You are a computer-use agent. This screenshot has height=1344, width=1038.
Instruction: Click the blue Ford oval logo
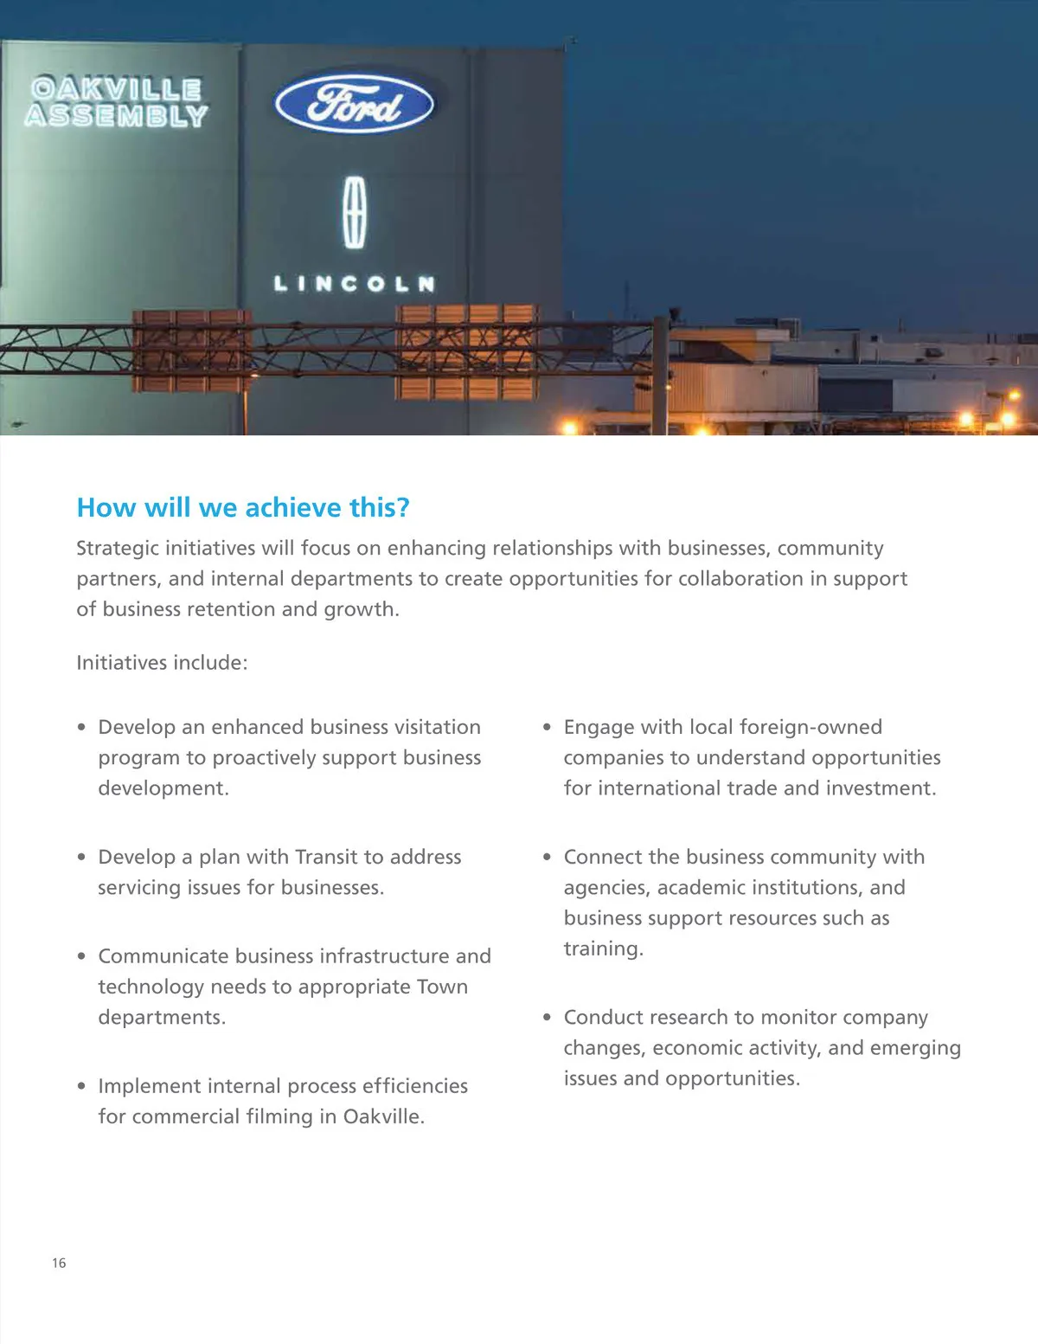point(354,104)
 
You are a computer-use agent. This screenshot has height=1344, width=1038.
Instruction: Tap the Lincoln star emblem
point(355,213)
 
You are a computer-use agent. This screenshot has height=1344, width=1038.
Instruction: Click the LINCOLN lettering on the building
point(355,284)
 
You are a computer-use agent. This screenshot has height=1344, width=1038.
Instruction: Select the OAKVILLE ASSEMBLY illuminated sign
point(117,103)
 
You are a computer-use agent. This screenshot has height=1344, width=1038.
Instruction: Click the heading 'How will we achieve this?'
point(243,507)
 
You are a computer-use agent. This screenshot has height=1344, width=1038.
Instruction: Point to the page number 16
point(59,1263)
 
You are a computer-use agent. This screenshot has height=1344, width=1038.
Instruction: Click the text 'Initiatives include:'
point(162,663)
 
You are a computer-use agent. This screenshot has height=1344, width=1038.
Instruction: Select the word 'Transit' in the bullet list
point(326,857)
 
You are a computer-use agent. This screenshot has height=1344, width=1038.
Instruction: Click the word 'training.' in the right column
point(604,949)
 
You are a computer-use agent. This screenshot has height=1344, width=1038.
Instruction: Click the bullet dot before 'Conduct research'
point(547,1018)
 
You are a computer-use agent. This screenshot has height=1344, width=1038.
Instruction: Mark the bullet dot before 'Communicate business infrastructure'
point(81,956)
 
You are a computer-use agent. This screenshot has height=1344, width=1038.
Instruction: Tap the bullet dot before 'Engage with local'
point(547,728)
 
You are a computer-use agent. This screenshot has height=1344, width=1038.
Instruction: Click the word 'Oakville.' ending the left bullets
point(383,1116)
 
